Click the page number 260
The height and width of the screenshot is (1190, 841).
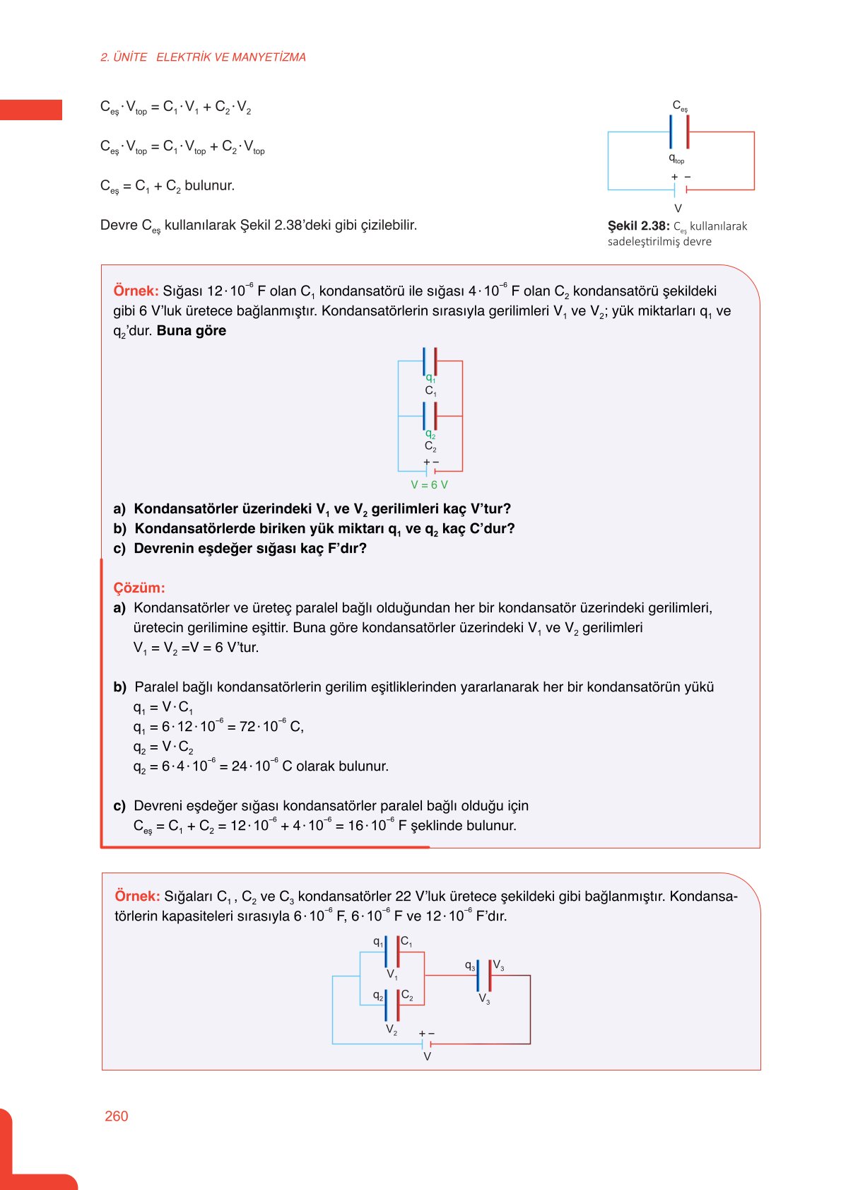[116, 1116]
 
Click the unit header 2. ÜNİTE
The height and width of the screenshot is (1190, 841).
[124, 57]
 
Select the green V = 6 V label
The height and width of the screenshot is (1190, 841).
[429, 485]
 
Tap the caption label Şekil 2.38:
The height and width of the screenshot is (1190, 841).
[638, 226]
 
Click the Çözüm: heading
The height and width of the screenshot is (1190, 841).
[139, 588]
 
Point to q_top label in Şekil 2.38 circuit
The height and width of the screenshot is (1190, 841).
[676, 159]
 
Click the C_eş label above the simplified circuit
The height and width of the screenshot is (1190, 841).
[679, 106]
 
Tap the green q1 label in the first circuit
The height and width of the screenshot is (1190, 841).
[430, 378]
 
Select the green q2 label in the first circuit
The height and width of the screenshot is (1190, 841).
[430, 434]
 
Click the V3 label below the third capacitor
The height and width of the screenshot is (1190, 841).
[484, 998]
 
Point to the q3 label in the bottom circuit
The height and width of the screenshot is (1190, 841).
[469, 965]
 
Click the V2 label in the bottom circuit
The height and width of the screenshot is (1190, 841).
[392, 1029]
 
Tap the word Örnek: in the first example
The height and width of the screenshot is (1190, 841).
[136, 291]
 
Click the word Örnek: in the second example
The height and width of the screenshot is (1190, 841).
[137, 896]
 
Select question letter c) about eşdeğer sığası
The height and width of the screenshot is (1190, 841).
[119, 548]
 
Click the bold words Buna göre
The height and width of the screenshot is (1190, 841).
[192, 330]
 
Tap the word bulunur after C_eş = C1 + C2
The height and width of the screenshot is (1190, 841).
[209, 186]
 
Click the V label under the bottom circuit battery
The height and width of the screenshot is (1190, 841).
[427, 1056]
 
